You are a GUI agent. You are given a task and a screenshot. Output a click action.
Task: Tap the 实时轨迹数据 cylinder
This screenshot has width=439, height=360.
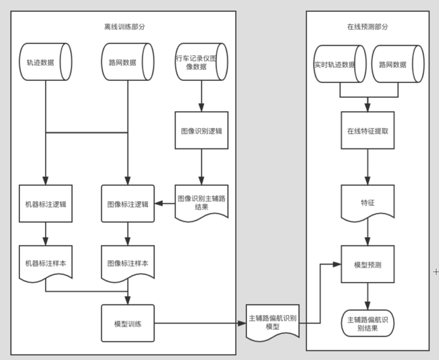[339, 64]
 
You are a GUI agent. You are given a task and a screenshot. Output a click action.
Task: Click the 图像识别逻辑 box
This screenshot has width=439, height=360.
[201, 131]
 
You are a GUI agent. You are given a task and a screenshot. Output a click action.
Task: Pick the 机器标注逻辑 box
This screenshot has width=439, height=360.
[46, 204]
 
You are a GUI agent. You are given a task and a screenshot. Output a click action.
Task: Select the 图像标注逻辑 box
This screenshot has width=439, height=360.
[128, 204]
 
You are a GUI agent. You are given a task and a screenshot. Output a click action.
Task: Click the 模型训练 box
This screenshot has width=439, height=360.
[128, 323]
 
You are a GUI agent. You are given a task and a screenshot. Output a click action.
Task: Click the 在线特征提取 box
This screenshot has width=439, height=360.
[368, 131]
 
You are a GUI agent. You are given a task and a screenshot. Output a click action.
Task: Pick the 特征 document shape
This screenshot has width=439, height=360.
[368, 203]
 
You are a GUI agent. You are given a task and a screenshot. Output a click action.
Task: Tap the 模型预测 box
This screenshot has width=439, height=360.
[368, 265]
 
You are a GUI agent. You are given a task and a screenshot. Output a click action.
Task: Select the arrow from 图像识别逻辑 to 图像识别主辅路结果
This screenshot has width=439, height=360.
[201, 167]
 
